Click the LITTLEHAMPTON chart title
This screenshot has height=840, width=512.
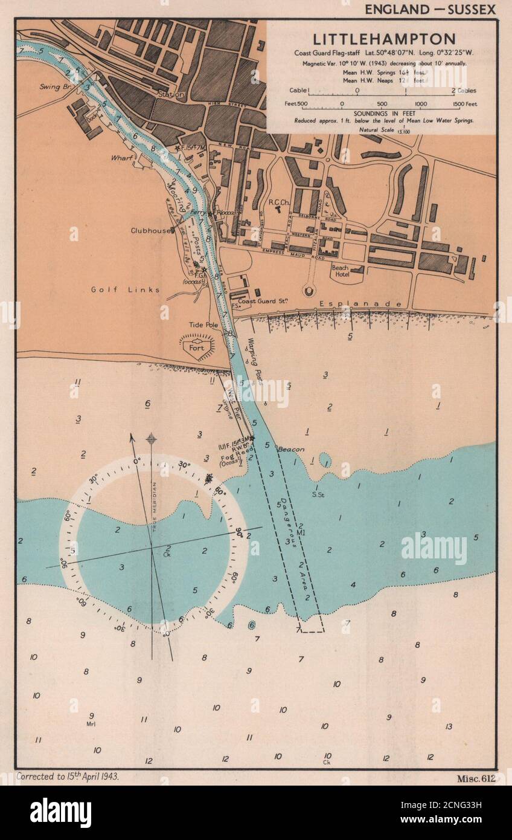(x=383, y=39)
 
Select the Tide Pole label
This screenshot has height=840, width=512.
(x=203, y=325)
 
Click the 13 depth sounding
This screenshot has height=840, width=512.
(x=448, y=726)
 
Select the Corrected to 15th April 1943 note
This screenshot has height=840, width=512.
(x=68, y=777)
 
